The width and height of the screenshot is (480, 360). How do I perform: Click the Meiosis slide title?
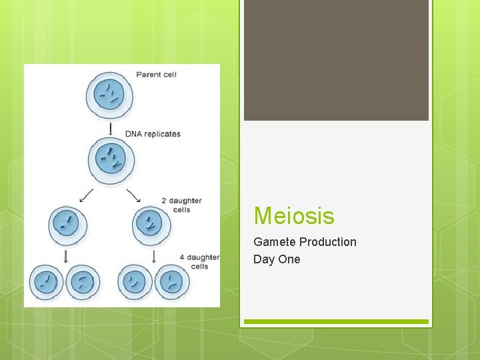tap(294, 216)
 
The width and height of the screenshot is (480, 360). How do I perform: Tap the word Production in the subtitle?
tap(327, 242)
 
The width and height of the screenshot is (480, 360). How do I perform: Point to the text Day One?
tap(277, 259)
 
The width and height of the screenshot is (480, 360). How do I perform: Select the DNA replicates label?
tap(153, 133)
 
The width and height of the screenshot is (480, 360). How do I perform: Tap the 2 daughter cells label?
tap(181, 205)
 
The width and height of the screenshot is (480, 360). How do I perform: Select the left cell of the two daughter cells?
tap(68, 225)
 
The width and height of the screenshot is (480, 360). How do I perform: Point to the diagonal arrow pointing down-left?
tap(86, 195)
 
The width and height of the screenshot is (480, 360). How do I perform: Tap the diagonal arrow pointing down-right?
tap(134, 195)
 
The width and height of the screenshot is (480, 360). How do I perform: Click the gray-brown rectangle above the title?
tap(336, 60)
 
